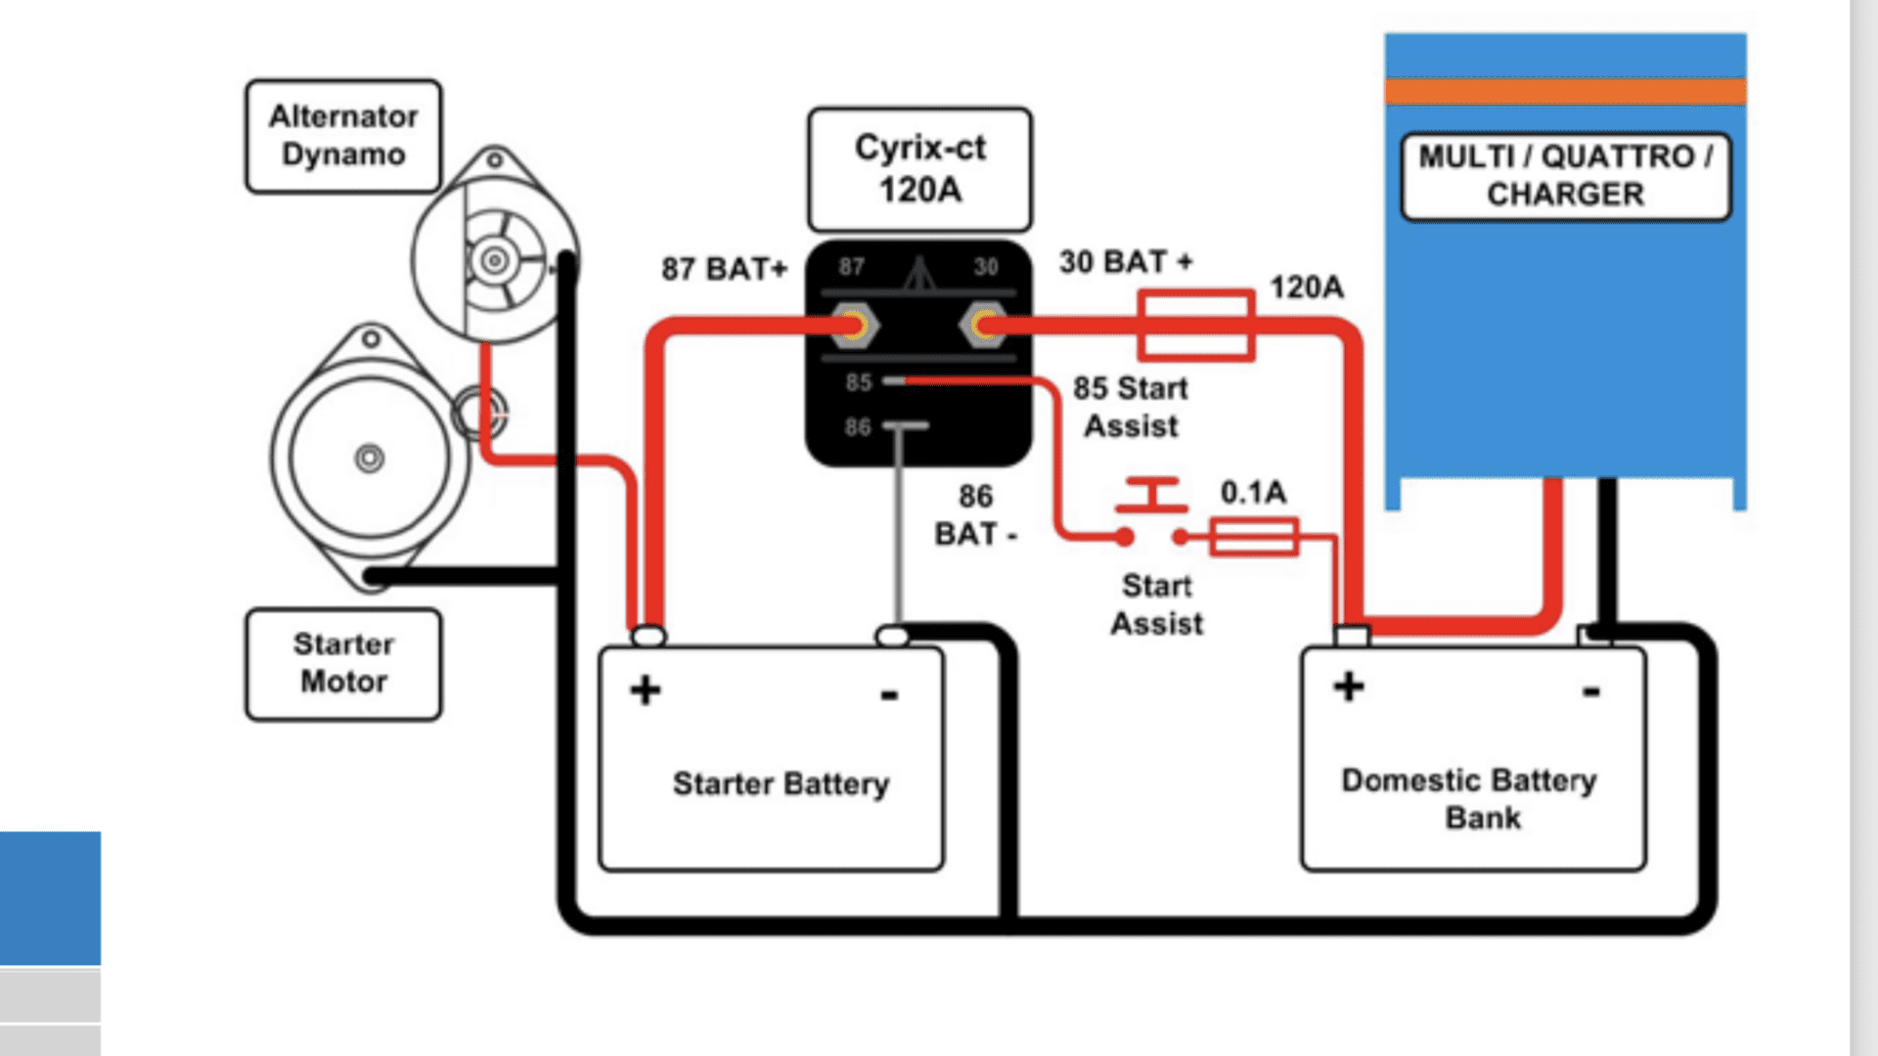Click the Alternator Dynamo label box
click(343, 136)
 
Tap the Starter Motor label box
click(343, 664)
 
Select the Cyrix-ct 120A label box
click(919, 169)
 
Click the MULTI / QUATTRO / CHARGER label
click(1565, 176)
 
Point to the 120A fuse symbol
click(1196, 326)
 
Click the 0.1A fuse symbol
click(1254, 537)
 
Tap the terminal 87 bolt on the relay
click(854, 326)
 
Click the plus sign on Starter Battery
click(646, 689)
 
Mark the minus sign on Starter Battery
click(889, 695)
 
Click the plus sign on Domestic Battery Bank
click(1349, 685)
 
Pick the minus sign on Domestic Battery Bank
click(1591, 691)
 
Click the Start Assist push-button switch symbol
click(1152, 511)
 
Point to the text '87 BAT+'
click(724, 269)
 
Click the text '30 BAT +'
click(1126, 262)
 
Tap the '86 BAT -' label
click(975, 515)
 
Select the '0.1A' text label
click(1253, 492)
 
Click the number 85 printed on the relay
click(859, 382)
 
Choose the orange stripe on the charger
click(1565, 92)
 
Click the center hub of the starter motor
click(370, 458)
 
